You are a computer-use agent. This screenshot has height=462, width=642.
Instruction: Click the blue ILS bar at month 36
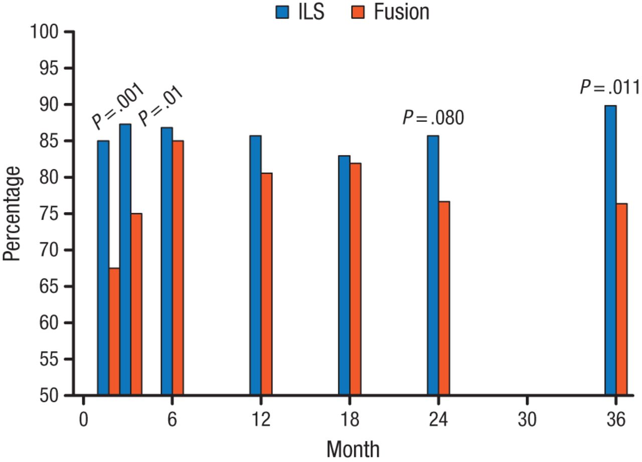610,251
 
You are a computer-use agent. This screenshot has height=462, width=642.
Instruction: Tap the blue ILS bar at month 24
433,266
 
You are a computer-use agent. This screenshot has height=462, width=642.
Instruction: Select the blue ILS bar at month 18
344,276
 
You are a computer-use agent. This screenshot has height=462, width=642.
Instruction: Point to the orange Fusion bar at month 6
178,268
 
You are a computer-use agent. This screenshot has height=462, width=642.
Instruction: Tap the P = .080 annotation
433,118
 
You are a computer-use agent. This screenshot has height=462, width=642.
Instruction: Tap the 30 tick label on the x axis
527,419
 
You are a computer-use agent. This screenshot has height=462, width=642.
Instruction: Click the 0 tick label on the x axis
83,419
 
